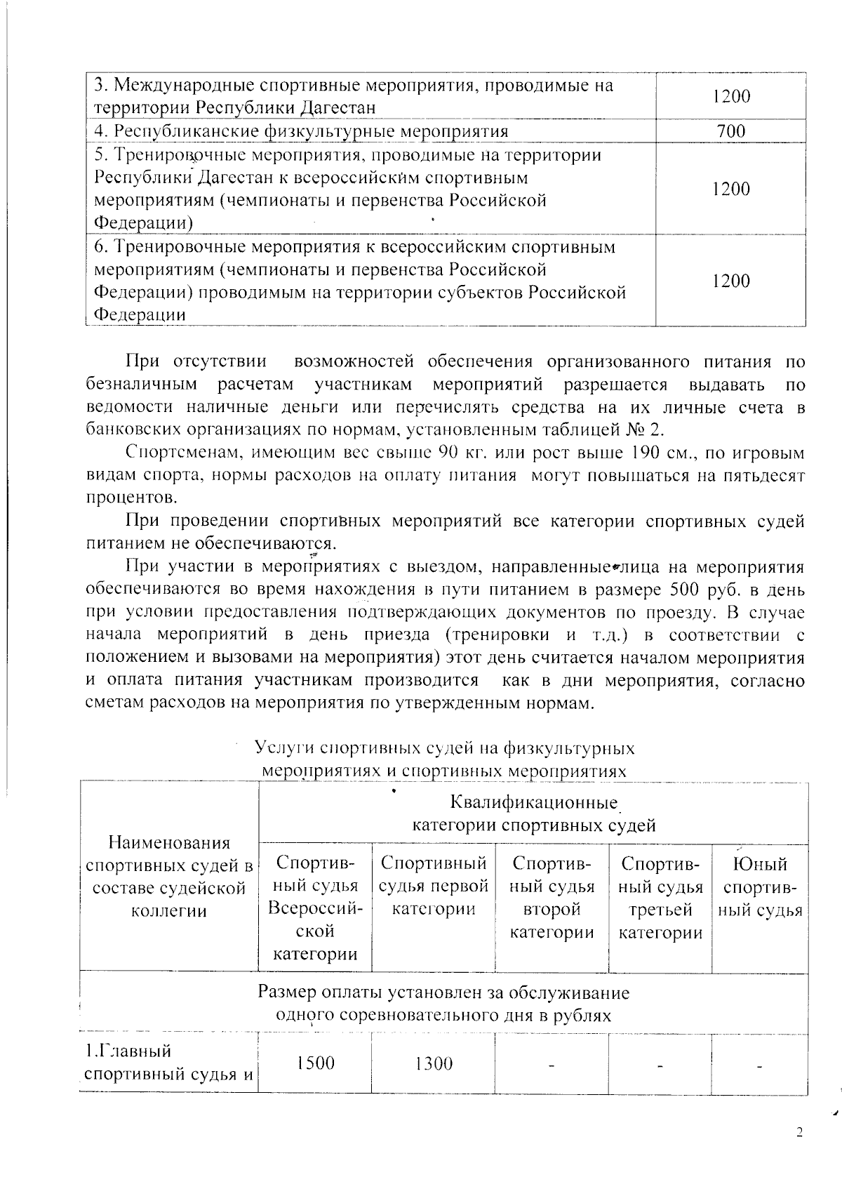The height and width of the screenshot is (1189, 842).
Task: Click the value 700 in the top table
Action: click(x=731, y=131)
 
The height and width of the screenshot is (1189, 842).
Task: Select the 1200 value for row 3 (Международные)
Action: click(x=731, y=96)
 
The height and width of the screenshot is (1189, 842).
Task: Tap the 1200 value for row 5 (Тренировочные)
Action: click(x=731, y=189)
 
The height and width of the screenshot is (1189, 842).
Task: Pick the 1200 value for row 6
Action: click(x=731, y=281)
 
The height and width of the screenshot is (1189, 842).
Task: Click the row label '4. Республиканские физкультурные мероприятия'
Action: click(x=301, y=131)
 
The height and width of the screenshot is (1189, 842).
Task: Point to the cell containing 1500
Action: click(x=315, y=1063)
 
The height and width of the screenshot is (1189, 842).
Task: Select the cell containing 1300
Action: click(x=433, y=1063)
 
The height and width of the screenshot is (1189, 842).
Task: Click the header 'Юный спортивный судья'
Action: click(x=760, y=887)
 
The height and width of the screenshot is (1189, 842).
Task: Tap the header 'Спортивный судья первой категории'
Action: click(x=433, y=886)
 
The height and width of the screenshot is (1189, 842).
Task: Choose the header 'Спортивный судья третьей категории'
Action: click(x=660, y=898)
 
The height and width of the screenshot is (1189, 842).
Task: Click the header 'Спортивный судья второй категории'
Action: click(x=552, y=898)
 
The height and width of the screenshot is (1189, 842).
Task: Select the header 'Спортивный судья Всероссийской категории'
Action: click(x=315, y=909)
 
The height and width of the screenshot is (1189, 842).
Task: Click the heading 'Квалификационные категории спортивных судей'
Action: click(x=533, y=813)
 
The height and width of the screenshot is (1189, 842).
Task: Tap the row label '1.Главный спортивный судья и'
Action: click(x=168, y=1063)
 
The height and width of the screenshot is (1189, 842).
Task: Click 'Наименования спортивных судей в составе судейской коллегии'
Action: click(x=168, y=877)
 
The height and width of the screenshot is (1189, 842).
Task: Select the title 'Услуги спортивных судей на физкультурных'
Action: click(x=444, y=748)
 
